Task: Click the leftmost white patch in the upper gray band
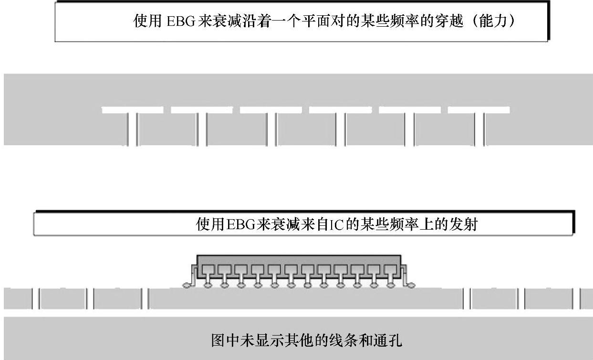[x=132, y=110]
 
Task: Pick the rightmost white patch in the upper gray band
[x=479, y=110]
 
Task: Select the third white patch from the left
[x=270, y=110]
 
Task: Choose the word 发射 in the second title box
[x=463, y=224]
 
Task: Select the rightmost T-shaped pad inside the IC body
[x=390, y=272]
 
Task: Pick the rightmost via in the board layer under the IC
[x=580, y=299]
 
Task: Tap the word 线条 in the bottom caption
[x=337, y=341]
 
